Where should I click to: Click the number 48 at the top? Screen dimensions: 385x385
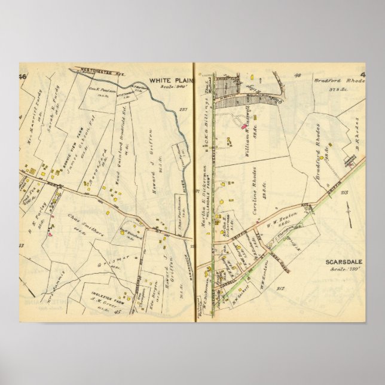click(297, 76)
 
